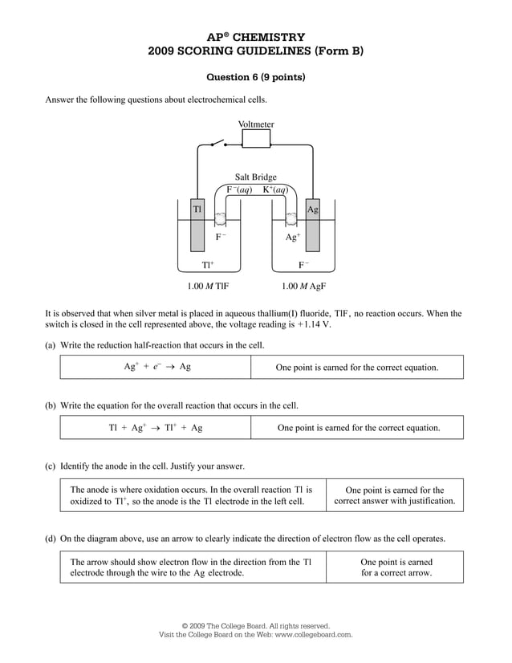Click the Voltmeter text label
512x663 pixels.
click(256, 124)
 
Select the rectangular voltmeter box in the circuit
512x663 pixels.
click(256, 140)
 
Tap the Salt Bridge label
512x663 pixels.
click(255, 177)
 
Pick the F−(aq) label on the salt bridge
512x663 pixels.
click(239, 190)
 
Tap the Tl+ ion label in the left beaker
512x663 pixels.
click(207, 265)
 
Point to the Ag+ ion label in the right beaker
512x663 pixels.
click(293, 238)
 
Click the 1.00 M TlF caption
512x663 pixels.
click(208, 286)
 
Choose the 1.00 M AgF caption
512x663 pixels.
click(303, 286)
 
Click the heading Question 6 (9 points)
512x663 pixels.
click(256, 78)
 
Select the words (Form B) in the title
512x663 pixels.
click(336, 51)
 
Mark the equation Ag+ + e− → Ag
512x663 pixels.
click(156, 367)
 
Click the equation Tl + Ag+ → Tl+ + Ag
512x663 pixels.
click(156, 428)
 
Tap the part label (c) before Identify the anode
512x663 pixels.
click(50, 466)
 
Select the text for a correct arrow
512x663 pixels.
click(396, 573)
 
